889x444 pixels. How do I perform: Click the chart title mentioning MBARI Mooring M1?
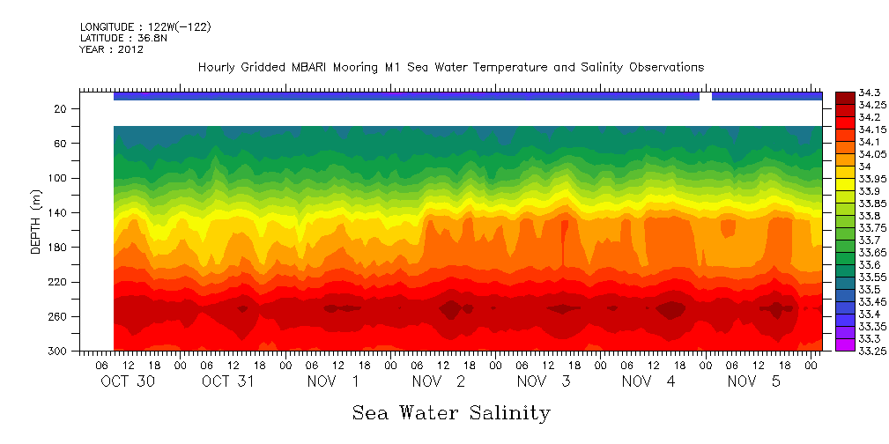pos(450,68)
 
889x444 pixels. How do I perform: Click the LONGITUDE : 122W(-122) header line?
pos(145,27)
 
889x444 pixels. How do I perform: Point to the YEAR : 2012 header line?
pos(112,50)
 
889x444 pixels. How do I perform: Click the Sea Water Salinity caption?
pos(451,413)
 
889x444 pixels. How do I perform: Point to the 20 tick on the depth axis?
pos(61,109)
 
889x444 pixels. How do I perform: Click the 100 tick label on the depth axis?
pos(58,178)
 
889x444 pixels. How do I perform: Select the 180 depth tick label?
pos(58,248)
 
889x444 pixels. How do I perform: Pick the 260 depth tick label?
pos(58,317)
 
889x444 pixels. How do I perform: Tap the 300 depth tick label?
pos(58,351)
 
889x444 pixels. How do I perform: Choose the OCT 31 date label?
pos(228,381)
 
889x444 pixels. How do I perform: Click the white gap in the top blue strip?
pos(705,96)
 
